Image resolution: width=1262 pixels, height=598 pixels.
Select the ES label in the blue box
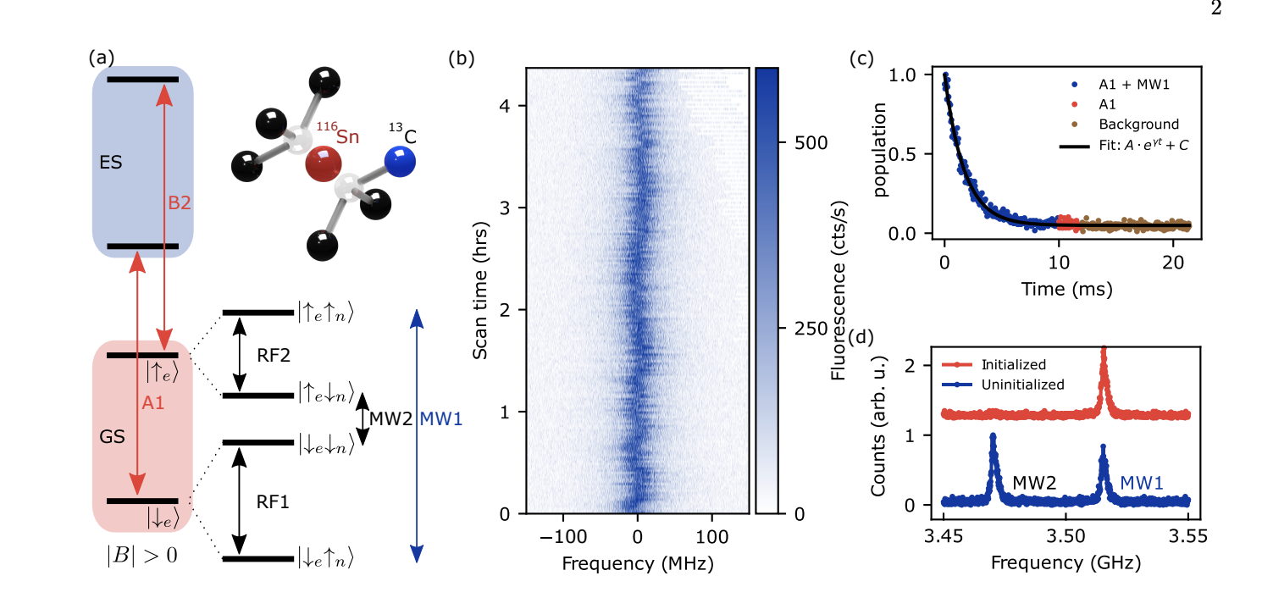[111, 163]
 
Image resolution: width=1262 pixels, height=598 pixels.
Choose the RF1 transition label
[273, 502]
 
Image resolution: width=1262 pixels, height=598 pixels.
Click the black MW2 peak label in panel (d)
[1033, 482]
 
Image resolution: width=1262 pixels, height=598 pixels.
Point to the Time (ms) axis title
[1066, 289]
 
